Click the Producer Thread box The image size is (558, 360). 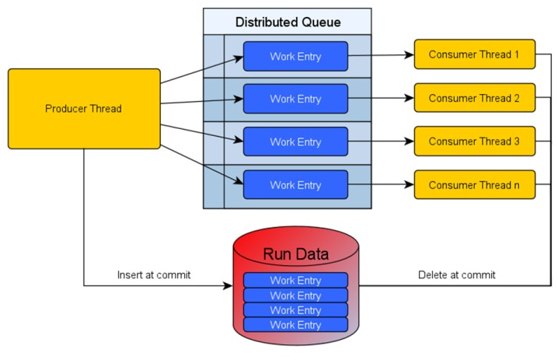[x=84, y=108]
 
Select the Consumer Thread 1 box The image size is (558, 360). [x=474, y=54]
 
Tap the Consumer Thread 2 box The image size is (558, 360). [x=474, y=98]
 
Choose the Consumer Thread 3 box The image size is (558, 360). [x=474, y=142]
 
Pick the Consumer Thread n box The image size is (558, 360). [x=474, y=185]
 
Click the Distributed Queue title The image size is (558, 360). [x=287, y=21]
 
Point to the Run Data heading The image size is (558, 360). [x=295, y=254]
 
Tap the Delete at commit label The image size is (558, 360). [x=456, y=274]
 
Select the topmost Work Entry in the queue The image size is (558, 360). [x=295, y=56]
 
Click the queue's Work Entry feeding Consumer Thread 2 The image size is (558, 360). [x=295, y=99]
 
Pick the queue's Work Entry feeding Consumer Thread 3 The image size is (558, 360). [x=295, y=142]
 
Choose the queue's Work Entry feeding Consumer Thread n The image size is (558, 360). [x=295, y=185]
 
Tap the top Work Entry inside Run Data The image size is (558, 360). [x=295, y=281]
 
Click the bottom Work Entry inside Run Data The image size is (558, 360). [x=295, y=324]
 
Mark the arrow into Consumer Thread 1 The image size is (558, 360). [x=381, y=55]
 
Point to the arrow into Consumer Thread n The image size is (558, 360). [x=381, y=185]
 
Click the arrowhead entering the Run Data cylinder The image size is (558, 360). [x=228, y=286]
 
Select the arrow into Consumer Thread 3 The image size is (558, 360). [x=381, y=142]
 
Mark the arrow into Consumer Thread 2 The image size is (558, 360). [x=381, y=99]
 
